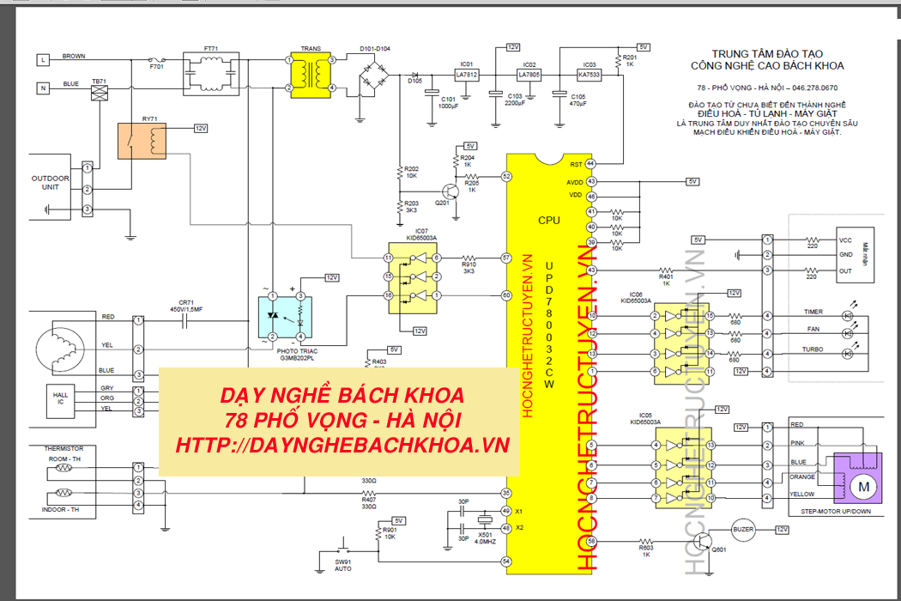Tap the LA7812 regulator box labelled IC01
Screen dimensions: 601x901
tap(467, 75)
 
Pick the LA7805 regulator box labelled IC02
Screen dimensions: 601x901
tap(529, 75)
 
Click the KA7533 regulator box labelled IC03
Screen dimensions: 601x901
tap(590, 75)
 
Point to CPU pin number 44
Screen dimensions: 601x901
tap(590, 164)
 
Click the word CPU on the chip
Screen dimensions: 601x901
tap(549, 221)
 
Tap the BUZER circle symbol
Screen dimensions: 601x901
tap(743, 530)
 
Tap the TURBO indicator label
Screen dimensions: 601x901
tap(813, 350)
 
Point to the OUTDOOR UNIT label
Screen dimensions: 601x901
tap(51, 183)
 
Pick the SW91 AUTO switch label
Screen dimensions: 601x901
tap(345, 564)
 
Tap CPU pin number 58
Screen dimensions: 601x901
tap(591, 541)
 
